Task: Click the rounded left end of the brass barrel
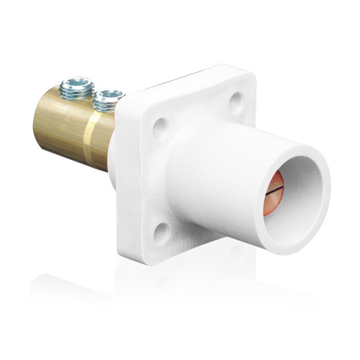(x=38, y=119)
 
